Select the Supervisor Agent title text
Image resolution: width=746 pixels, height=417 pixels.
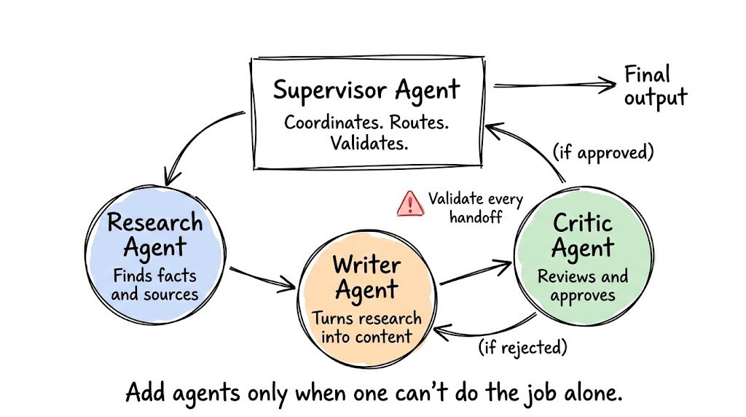(x=366, y=90)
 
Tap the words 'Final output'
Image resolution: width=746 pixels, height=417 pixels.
(x=656, y=87)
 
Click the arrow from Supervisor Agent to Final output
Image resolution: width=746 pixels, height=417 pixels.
(x=554, y=86)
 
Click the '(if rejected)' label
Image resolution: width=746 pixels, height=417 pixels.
(x=522, y=347)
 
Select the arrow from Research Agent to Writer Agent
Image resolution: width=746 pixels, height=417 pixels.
(x=262, y=278)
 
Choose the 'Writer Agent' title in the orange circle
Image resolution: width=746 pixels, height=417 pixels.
(x=366, y=278)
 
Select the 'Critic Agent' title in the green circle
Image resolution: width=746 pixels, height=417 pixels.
(x=583, y=235)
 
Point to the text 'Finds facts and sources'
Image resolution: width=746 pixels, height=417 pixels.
(x=154, y=284)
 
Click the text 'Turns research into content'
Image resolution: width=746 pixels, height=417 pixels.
(x=367, y=327)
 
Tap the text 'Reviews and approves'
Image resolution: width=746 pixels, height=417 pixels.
(x=583, y=286)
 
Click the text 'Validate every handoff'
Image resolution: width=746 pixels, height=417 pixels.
(x=475, y=208)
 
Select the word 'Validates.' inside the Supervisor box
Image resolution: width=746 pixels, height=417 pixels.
(x=369, y=143)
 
